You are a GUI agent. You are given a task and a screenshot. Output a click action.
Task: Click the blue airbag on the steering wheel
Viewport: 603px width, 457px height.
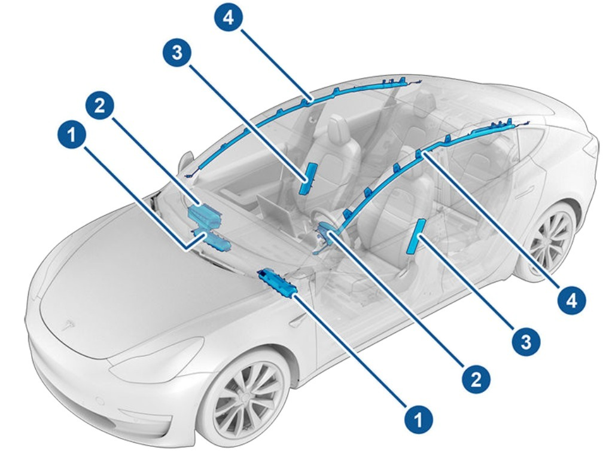[x=327, y=231]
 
